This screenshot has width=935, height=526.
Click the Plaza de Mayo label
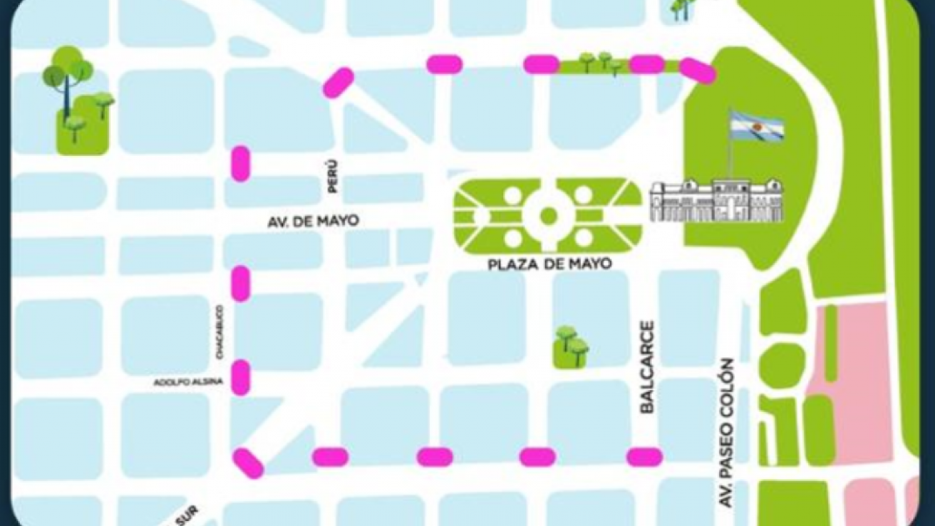click(549, 264)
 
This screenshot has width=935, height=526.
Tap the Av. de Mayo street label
click(313, 222)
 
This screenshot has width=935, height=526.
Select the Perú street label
click(331, 177)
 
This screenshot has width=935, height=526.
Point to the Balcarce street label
click(646, 367)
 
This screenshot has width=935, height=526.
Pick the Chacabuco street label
click(220, 331)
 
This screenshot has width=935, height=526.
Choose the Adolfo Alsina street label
click(188, 383)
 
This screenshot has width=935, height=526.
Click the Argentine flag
click(756, 127)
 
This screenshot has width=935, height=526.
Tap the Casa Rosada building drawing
click(716, 201)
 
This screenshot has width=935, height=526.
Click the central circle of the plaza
click(547, 215)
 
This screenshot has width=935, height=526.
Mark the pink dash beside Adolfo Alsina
click(241, 378)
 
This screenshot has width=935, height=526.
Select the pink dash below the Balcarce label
click(644, 457)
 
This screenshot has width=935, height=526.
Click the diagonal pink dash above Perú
click(338, 83)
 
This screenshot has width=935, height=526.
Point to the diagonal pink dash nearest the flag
click(697, 71)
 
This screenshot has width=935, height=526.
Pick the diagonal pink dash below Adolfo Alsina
click(248, 463)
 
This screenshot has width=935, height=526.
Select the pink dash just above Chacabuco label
click(241, 283)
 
